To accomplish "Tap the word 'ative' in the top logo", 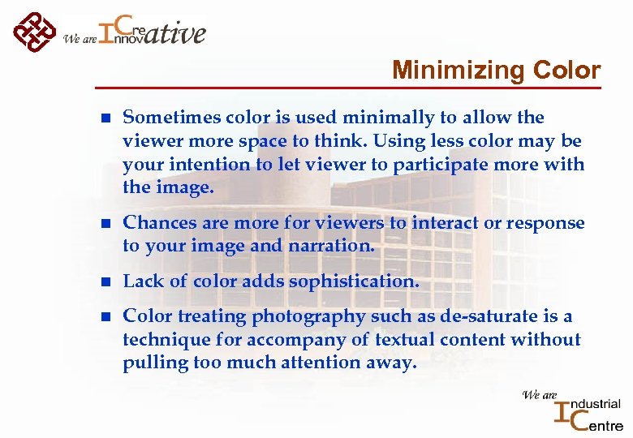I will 177,33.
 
